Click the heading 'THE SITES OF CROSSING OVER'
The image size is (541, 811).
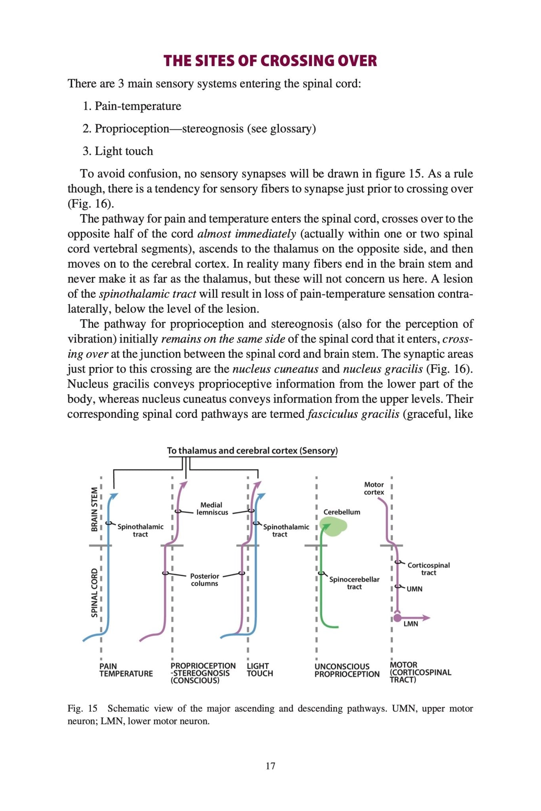click(x=270, y=61)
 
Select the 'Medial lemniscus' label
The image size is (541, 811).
click(x=212, y=508)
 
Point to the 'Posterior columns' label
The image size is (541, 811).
click(x=205, y=580)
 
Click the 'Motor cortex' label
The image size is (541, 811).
click(x=374, y=488)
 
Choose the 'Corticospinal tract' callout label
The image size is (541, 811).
click(x=428, y=569)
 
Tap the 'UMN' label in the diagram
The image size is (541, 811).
click(x=414, y=589)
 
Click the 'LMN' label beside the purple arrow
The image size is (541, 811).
click(x=411, y=624)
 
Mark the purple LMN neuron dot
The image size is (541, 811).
click(x=397, y=618)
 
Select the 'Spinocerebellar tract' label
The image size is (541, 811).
click(x=354, y=583)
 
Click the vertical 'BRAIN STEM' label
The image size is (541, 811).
click(x=95, y=509)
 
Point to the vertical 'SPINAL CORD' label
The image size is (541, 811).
click(x=95, y=592)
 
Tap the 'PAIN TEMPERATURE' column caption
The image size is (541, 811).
click(x=126, y=670)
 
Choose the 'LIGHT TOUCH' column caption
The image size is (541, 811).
click(x=260, y=670)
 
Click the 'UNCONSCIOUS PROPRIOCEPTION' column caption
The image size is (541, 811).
click(x=347, y=670)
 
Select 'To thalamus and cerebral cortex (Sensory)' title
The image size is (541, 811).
click(x=252, y=451)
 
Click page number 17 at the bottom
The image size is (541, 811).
click(x=270, y=766)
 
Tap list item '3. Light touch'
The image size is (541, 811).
click(x=118, y=151)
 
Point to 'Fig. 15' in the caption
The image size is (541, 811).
click(x=82, y=708)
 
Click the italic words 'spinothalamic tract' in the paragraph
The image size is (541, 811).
click(x=147, y=294)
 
